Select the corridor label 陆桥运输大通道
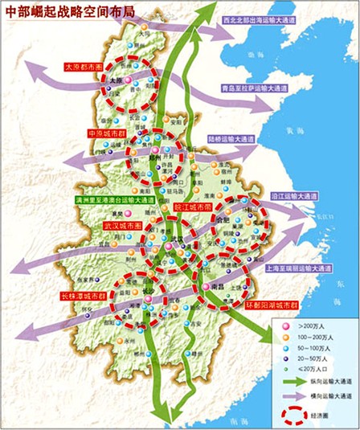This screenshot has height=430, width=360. (235, 137)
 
